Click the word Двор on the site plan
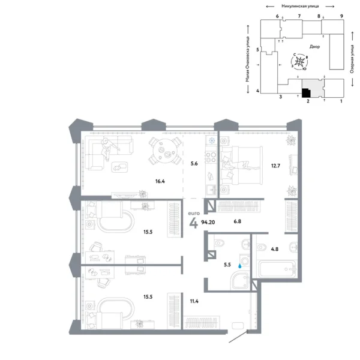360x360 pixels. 315,46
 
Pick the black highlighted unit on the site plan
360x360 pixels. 305,93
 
